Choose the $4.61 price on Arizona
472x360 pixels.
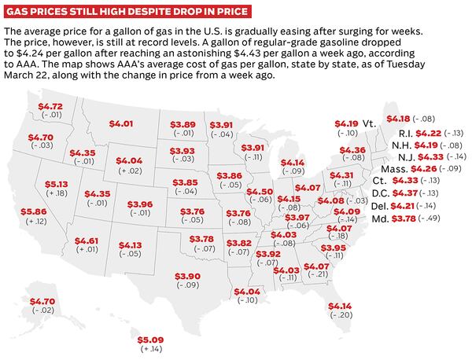click(87, 241)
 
